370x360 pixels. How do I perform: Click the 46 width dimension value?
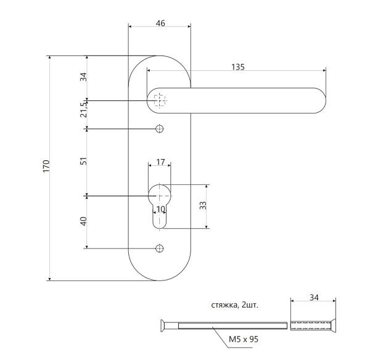[x=160, y=23]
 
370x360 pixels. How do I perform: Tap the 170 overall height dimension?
[x=46, y=166]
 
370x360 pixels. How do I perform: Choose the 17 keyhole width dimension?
[x=160, y=162]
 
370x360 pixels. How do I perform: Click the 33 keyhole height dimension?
[x=203, y=205]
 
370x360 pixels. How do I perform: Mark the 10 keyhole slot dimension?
[x=160, y=210]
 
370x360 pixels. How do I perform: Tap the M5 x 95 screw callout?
[x=242, y=340]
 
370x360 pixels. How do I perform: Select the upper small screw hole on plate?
[x=160, y=128]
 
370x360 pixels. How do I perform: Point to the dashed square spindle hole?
[x=160, y=100]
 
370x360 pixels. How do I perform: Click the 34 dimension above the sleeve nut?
[x=314, y=298]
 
